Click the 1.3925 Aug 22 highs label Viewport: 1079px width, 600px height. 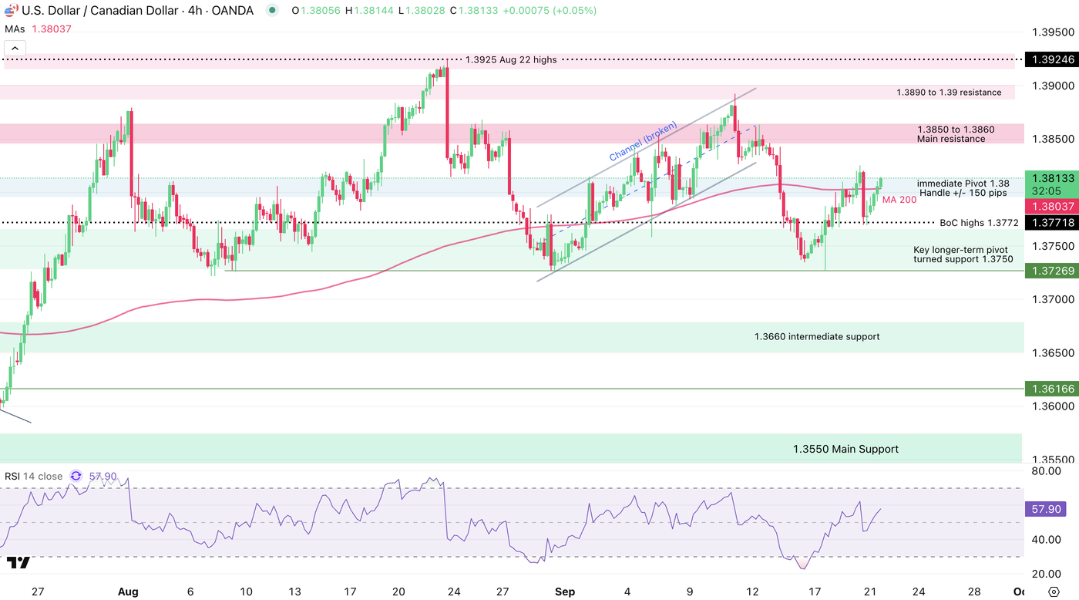click(511, 59)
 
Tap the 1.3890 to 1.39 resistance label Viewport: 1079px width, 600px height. click(949, 93)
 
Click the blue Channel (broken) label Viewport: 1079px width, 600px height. click(643, 142)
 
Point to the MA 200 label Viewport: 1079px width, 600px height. click(899, 200)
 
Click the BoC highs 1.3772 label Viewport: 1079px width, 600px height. click(979, 223)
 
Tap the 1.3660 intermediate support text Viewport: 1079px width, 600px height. click(816, 336)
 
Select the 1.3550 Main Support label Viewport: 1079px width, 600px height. click(845, 449)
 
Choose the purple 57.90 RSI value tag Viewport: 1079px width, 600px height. click(1046, 509)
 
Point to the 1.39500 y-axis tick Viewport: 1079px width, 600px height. click(1052, 32)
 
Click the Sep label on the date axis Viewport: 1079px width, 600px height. click(565, 592)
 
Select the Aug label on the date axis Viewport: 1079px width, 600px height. click(128, 592)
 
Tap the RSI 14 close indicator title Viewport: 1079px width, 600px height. click(33, 477)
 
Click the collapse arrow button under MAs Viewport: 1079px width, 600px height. click(15, 48)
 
